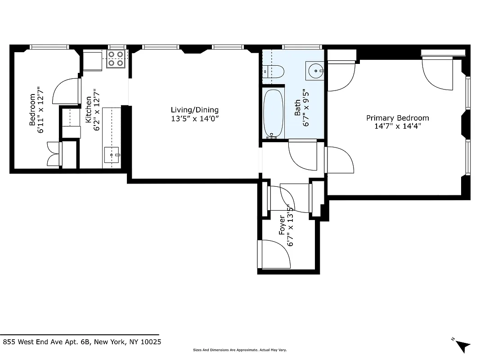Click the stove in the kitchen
(x=115, y=59)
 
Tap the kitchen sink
(x=112, y=155)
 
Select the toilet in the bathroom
(x=274, y=71)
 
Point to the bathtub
(x=273, y=113)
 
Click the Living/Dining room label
(x=194, y=110)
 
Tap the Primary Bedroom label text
(x=397, y=118)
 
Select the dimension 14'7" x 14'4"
(x=397, y=126)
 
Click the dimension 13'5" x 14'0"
(x=194, y=119)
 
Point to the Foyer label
(x=282, y=225)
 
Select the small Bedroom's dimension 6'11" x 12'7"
(x=40, y=110)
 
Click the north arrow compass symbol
(x=462, y=345)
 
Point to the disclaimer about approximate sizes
(x=240, y=350)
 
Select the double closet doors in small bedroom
(x=53, y=154)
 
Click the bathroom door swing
(x=303, y=155)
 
